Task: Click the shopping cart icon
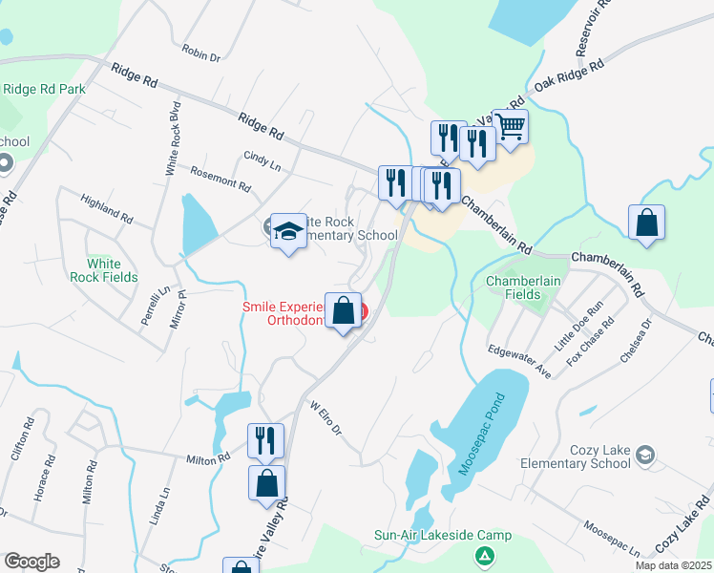tap(511, 124)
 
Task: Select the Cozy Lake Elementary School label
tap(576, 456)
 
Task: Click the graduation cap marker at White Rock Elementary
tap(288, 231)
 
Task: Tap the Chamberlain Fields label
tap(519, 287)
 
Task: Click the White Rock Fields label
tap(112, 270)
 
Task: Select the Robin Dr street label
tap(200, 53)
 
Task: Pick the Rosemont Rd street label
tap(220, 179)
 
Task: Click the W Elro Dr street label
tap(326, 416)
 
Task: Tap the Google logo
tap(31, 562)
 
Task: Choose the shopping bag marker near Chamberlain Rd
tap(646, 223)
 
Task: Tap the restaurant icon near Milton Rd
tap(264, 440)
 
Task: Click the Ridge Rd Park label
tap(44, 90)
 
